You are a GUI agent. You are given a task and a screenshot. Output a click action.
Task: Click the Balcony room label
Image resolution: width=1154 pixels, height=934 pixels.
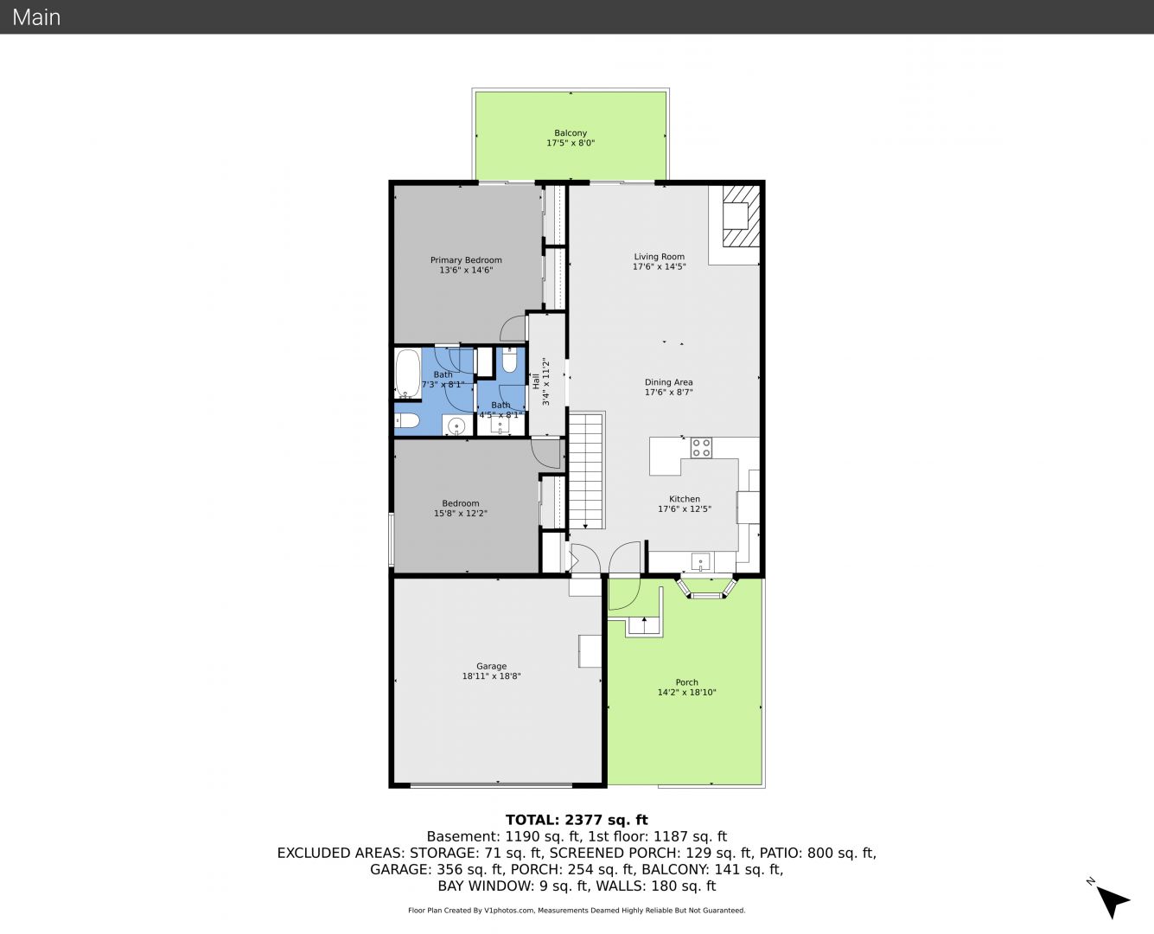tap(570, 133)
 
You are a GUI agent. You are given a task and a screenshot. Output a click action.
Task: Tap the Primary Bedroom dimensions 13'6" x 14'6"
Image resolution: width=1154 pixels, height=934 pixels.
tap(466, 270)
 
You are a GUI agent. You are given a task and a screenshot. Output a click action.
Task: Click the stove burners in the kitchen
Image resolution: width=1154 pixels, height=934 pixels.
tap(700, 448)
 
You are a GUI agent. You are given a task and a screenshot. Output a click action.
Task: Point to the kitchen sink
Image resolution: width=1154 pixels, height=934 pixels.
tap(700, 561)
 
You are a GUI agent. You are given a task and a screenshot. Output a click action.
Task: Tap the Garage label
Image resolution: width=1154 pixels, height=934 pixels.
tap(491, 666)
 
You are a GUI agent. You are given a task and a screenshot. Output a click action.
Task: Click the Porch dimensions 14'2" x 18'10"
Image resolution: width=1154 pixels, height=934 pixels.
tap(686, 692)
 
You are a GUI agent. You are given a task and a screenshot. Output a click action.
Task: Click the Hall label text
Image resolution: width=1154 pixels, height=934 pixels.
tap(535, 381)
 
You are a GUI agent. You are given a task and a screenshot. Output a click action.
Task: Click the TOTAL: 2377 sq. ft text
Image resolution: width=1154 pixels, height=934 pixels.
tap(577, 820)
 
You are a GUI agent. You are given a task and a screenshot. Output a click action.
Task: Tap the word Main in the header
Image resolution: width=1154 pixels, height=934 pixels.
tap(36, 17)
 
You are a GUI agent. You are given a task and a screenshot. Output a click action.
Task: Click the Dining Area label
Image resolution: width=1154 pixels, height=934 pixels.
tap(668, 382)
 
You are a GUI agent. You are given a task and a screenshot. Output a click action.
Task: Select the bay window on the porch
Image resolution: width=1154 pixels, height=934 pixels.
tap(707, 587)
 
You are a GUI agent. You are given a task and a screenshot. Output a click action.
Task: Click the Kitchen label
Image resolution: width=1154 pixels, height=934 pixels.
tap(685, 499)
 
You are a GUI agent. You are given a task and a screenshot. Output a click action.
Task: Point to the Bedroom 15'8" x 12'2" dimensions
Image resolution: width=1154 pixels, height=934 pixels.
tap(461, 513)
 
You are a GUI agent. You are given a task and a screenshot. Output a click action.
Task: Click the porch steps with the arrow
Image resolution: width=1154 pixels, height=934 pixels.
tap(645, 626)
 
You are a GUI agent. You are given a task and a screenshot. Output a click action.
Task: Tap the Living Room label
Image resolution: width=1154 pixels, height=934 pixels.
tap(660, 256)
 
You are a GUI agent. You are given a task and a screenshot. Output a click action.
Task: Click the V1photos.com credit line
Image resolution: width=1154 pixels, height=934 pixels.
tap(577, 911)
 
